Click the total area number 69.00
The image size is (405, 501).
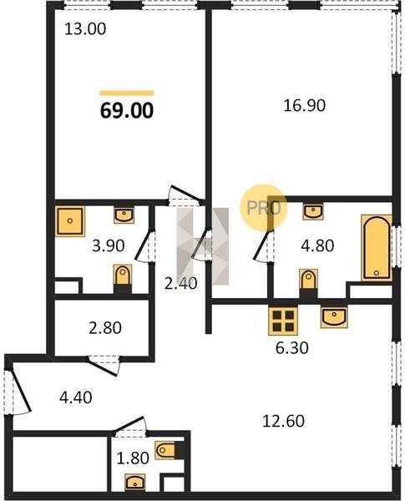[127, 111]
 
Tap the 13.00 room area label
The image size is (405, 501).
[85, 29]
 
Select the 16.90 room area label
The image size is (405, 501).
[304, 105]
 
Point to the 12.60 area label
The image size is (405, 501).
[283, 421]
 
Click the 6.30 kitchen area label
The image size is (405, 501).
[291, 348]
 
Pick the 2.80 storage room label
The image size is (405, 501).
[105, 328]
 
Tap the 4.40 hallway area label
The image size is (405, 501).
[76, 397]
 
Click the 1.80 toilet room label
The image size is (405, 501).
[133, 458]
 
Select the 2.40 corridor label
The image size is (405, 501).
[180, 283]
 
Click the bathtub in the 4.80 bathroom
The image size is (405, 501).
[377, 248]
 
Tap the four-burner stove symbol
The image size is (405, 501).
[283, 321]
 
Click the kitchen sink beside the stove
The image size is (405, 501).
[334, 317]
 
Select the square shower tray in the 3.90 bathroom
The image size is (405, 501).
[70, 221]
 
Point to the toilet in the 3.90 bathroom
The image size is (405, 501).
[123, 276]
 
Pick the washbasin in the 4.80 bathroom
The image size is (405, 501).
[313, 212]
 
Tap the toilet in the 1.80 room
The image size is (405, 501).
[165, 450]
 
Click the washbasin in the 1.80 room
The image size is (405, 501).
[135, 482]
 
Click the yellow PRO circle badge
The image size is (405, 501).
[263, 208]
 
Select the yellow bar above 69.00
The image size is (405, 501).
[127, 94]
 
